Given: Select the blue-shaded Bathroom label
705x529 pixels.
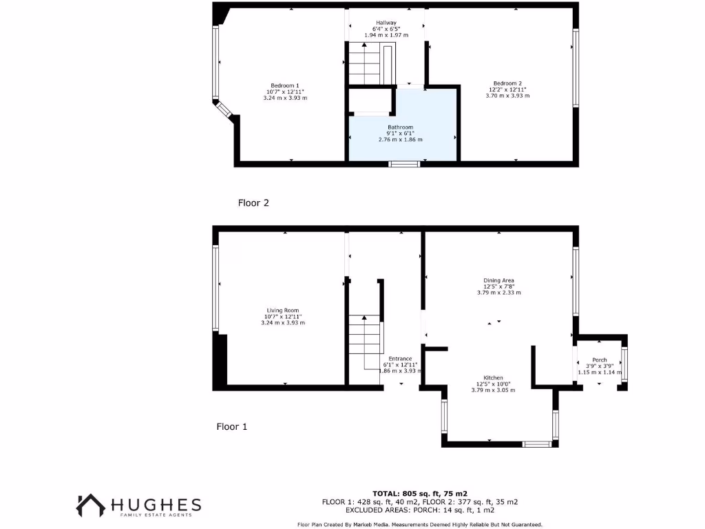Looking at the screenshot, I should coord(400,127).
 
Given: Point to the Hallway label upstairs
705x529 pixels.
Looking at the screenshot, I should coord(386,23).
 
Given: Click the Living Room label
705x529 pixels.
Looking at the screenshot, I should coord(283,310).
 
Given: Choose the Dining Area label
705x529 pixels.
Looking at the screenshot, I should coord(498,280).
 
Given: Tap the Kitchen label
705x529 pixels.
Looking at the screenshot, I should coord(493,378).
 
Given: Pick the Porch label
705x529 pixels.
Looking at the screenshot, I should coord(599,360).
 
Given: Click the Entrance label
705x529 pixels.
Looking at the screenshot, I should coord(400,359).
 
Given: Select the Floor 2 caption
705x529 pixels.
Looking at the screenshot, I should coord(253,203).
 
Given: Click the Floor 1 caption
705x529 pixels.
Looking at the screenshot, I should coord(232,427).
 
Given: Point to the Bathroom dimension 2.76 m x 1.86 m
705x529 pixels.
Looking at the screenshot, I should coord(400,140).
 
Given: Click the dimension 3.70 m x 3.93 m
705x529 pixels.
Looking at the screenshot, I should coord(509,96).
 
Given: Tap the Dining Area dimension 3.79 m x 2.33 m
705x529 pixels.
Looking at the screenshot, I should coord(498,293).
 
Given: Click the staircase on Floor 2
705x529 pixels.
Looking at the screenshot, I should coord(365,65).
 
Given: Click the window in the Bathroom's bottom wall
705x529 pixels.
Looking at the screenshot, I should coord(404,164).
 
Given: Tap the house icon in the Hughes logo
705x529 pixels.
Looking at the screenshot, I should coord(91,506).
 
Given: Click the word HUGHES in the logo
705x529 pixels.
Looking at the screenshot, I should coord(159,504).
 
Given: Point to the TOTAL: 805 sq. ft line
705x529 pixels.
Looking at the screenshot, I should coord(419,493).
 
